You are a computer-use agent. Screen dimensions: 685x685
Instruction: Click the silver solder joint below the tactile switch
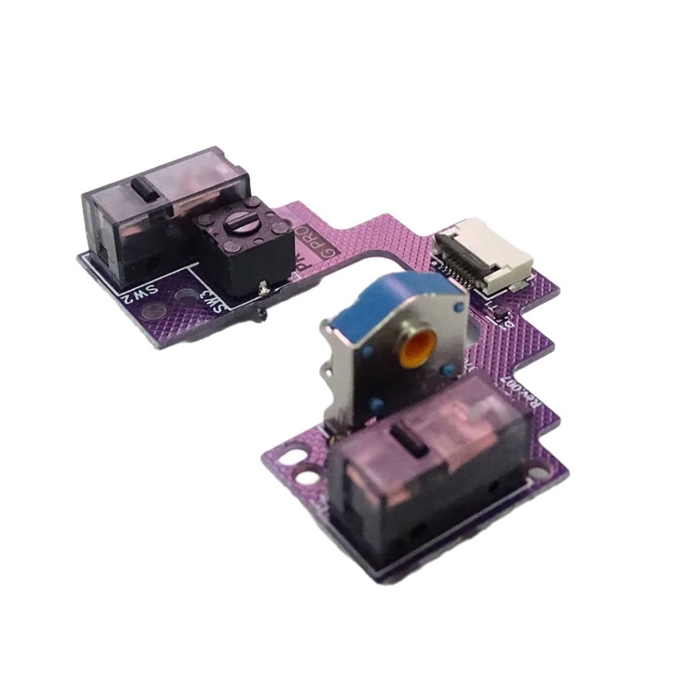[265, 288]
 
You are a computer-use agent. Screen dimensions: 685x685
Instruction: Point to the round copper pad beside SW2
[155, 310]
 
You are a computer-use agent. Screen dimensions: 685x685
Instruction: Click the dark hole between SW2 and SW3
[183, 294]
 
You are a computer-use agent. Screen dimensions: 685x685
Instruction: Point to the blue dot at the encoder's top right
[458, 306]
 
